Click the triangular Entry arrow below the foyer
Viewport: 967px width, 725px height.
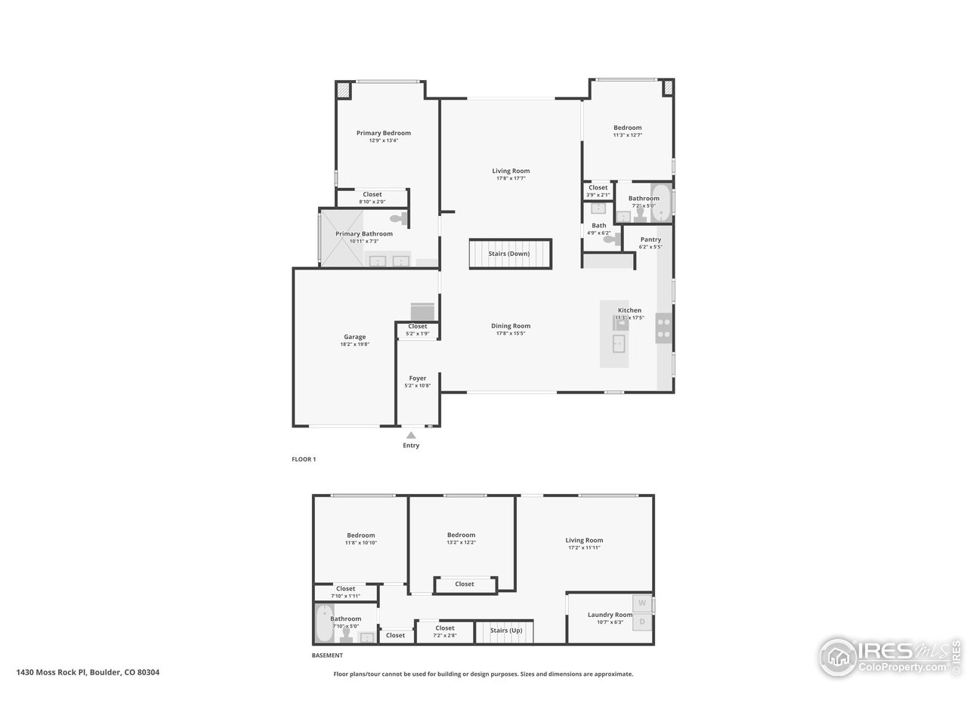411,435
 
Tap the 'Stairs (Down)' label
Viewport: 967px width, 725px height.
508,254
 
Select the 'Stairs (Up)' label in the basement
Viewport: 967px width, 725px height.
505,631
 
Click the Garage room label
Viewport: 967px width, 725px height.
354,337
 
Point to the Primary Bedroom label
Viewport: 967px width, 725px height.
383,133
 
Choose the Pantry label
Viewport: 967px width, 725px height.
650,239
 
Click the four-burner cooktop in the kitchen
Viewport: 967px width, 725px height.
664,328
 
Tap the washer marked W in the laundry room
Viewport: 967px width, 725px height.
642,603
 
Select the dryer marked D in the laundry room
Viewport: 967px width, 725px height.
642,622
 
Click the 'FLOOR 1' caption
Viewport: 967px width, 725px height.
304,459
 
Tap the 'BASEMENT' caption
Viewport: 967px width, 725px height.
327,656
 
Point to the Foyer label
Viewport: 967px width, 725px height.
418,378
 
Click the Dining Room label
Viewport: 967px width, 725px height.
511,326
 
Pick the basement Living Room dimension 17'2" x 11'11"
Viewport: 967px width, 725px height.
584,548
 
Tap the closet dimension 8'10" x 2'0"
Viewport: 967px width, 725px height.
372,202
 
